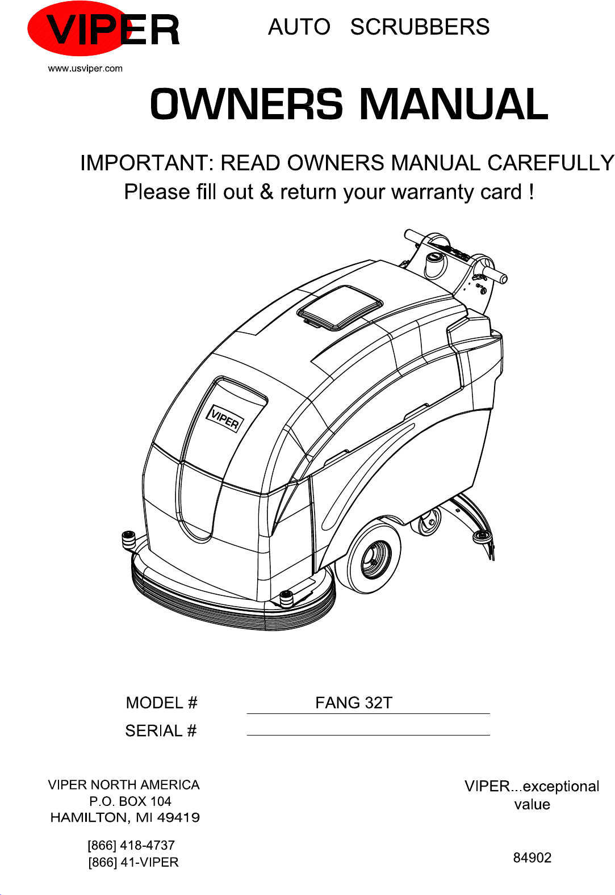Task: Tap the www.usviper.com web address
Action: pos(85,69)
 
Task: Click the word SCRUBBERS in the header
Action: pos(420,27)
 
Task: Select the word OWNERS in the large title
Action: pos(246,104)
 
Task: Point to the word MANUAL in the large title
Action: pos(454,104)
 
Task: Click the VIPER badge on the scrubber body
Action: pos(225,419)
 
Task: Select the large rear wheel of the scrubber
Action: pos(370,557)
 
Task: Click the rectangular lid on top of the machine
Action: pos(340,307)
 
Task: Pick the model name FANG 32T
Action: pos(353,703)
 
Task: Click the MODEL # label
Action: pos(161,703)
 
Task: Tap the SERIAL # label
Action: pos(161,730)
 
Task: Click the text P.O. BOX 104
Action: pos(130,801)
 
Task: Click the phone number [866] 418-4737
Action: pos(131,845)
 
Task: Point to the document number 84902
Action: pos(532,858)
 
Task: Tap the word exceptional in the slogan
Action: pos(561,786)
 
